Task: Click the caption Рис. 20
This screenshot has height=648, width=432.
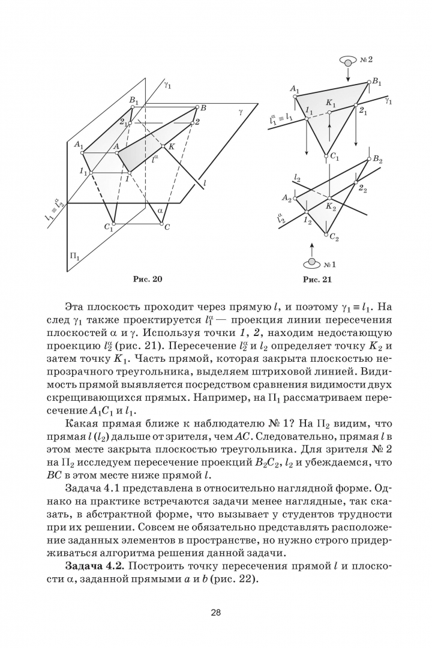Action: pos(146,278)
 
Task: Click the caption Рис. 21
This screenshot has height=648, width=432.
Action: pos(317,279)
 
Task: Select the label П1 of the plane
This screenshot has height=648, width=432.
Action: pos(75,256)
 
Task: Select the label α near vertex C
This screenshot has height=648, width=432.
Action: pos(160,211)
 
